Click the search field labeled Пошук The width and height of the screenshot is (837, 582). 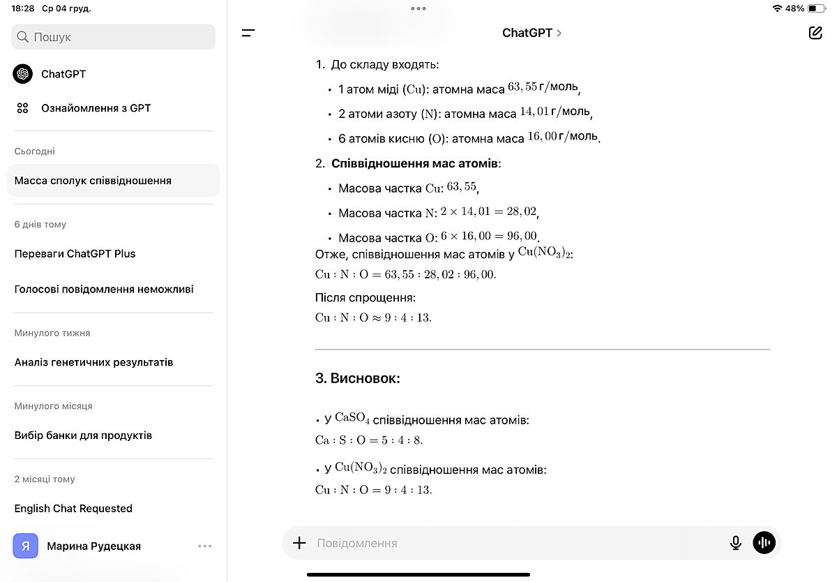[113, 37]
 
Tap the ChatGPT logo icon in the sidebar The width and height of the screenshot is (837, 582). [23, 74]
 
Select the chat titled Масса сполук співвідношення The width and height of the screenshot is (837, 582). [93, 181]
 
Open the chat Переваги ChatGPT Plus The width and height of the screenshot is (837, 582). [75, 254]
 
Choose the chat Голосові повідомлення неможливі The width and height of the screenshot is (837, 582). [104, 289]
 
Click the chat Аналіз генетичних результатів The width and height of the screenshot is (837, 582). [93, 362]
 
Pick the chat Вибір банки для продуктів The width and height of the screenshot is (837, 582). [83, 435]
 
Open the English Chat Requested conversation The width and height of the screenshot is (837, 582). [73, 509]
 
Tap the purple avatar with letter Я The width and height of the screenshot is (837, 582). [26, 546]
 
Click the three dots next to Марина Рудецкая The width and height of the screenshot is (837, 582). [204, 546]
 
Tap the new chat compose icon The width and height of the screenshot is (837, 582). [815, 33]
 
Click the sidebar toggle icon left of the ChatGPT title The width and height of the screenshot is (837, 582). [248, 33]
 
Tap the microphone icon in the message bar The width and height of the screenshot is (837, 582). [735, 543]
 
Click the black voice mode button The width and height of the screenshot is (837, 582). [764, 543]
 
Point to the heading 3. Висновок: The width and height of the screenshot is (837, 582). [358, 379]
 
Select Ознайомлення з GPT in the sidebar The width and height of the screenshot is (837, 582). [96, 108]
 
